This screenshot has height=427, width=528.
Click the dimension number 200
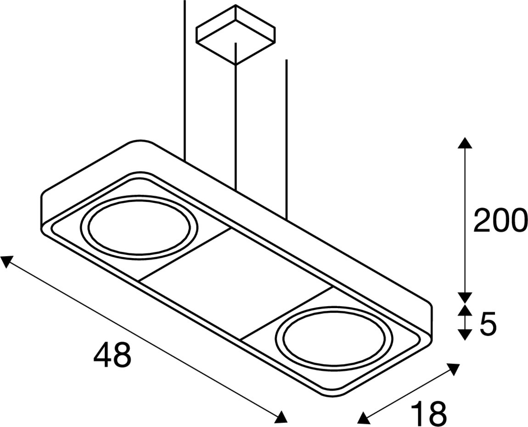500,221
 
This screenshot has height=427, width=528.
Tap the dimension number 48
112,355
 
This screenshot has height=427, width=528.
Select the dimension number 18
428,413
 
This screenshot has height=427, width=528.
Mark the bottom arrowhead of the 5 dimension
465,335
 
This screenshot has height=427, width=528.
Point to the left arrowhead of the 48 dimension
6,262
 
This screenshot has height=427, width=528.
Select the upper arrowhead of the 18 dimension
453,369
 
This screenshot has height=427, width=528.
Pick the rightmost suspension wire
286,138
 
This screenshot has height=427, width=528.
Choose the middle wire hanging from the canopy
235,115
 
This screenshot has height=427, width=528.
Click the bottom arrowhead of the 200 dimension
465,297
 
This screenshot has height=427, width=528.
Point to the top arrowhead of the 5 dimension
465,310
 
